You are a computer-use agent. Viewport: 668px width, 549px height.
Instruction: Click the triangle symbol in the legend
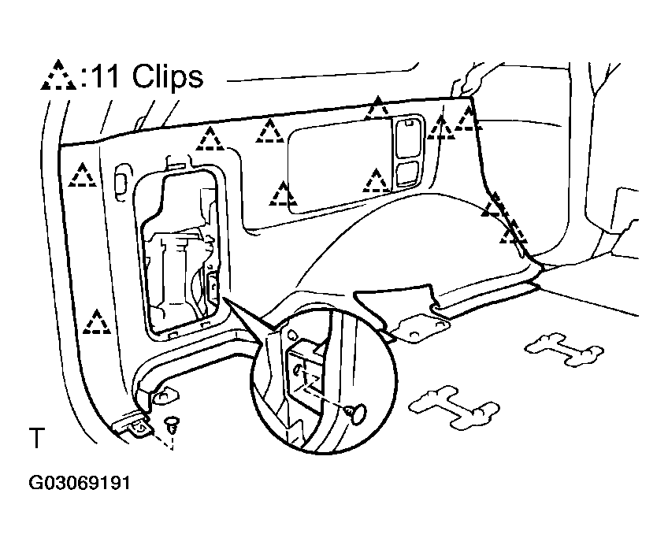tap(58, 76)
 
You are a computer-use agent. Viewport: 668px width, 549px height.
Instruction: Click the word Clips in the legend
tap(168, 76)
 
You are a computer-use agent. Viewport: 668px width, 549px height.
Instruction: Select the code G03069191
tap(80, 484)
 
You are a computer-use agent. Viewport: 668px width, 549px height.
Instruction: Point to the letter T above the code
tap(37, 438)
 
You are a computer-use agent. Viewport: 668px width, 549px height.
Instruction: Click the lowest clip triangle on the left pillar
tap(97, 322)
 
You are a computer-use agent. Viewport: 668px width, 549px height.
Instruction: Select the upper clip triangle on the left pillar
tap(82, 175)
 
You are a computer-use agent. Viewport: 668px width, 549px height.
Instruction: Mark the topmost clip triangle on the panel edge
tap(377, 108)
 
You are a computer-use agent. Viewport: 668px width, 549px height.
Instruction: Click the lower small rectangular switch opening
tap(408, 173)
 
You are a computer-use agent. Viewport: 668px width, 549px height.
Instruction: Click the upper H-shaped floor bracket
tap(563, 349)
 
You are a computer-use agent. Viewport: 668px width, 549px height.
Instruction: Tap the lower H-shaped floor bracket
tap(454, 406)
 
